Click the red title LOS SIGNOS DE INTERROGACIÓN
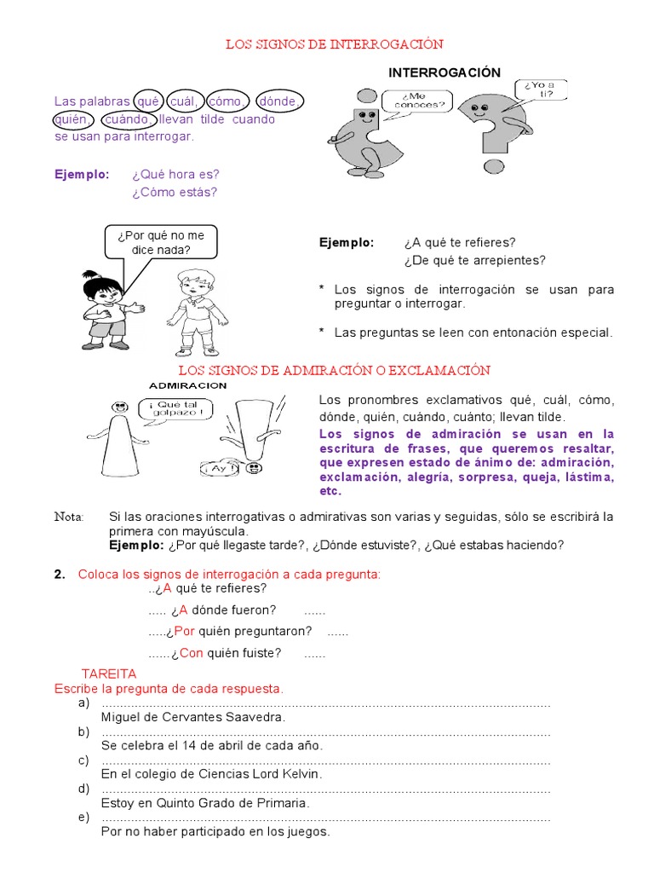click(x=335, y=43)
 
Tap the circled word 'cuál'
click(x=182, y=101)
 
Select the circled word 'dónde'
click(x=278, y=101)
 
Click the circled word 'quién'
click(x=72, y=120)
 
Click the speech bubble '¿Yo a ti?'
click(x=538, y=89)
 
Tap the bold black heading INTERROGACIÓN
click(x=445, y=73)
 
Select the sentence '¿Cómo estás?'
click(x=175, y=192)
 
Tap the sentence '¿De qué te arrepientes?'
click(x=475, y=260)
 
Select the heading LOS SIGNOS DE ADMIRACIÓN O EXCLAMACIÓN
click(x=335, y=370)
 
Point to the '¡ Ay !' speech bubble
click(x=219, y=468)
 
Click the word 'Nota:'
click(x=69, y=517)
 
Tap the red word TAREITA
click(x=108, y=674)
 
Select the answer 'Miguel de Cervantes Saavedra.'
click(x=192, y=717)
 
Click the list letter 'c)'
click(x=83, y=760)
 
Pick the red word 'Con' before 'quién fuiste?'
click(x=192, y=653)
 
